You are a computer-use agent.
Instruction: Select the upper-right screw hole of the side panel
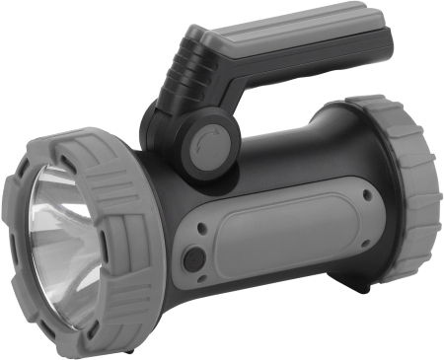pyautogui.click(x=368, y=194)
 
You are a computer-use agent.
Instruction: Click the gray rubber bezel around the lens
pyautogui.click(x=109, y=168)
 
